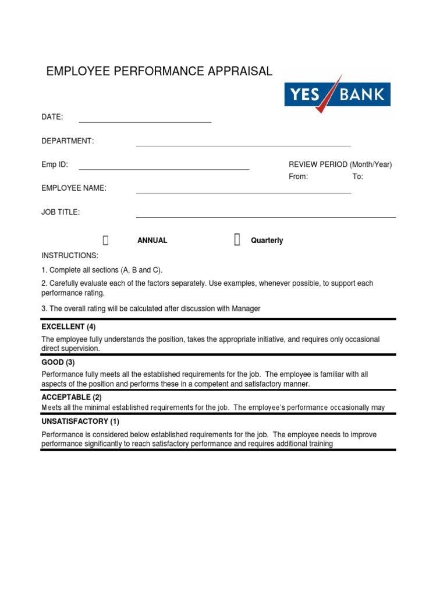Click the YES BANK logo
[x=337, y=94]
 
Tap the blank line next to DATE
[x=145, y=121]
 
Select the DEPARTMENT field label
[x=67, y=141]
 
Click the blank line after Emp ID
[x=164, y=168]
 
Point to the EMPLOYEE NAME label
[x=73, y=188]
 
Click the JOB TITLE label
[x=61, y=212]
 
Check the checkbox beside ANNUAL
[x=105, y=240]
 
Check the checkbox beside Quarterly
[x=237, y=240]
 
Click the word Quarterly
[x=267, y=241]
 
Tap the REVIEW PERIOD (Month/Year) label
[x=340, y=164]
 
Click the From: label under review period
[x=298, y=177]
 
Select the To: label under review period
[x=357, y=177]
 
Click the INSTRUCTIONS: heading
[x=70, y=256]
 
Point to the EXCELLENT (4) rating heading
[x=68, y=327]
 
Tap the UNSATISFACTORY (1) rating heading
[x=80, y=422]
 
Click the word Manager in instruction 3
[x=246, y=309]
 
